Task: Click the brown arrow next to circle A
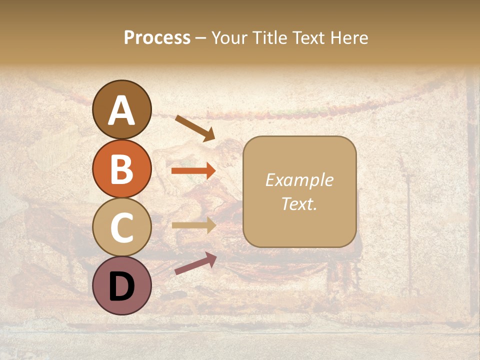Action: click(195, 128)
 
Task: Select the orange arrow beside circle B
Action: click(193, 171)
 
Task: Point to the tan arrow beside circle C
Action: click(193, 225)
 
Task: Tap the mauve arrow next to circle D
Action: click(195, 263)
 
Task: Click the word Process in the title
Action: click(157, 38)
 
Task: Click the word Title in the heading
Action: click(272, 38)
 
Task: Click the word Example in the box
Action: click(299, 180)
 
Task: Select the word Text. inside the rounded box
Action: click(299, 203)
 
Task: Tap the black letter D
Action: click(122, 287)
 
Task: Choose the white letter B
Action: click(122, 169)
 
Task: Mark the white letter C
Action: click(122, 228)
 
